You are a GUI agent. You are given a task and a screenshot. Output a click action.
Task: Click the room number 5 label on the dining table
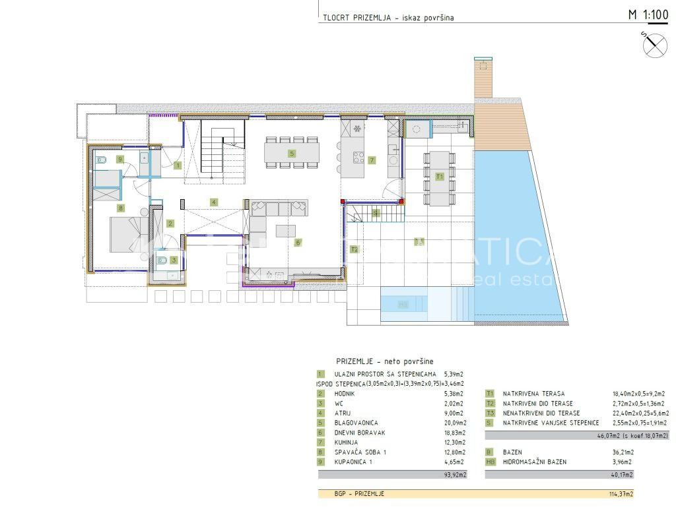pyautogui.click(x=291, y=153)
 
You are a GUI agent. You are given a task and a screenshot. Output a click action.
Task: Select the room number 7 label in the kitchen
pyautogui.click(x=372, y=160)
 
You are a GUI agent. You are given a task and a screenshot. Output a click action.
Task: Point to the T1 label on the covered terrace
pyautogui.click(x=439, y=176)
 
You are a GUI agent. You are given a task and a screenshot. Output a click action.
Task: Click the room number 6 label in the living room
pyautogui.click(x=298, y=242)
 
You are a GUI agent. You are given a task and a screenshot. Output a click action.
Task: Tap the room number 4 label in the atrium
pyautogui.click(x=213, y=201)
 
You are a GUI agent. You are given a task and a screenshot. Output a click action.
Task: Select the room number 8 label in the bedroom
pyautogui.click(x=120, y=208)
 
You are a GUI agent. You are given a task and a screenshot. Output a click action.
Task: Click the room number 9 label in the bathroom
pyautogui.click(x=119, y=159)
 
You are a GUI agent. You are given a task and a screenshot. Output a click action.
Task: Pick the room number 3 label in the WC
pyautogui.click(x=173, y=260)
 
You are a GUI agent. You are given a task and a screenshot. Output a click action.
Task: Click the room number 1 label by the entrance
pyautogui.click(x=178, y=166)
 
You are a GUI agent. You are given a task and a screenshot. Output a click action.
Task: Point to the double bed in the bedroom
pyautogui.click(x=122, y=234)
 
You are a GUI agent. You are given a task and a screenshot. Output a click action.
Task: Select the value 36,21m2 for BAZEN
pyautogui.click(x=623, y=452)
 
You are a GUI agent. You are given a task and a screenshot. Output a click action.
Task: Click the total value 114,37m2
pyautogui.click(x=621, y=493)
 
